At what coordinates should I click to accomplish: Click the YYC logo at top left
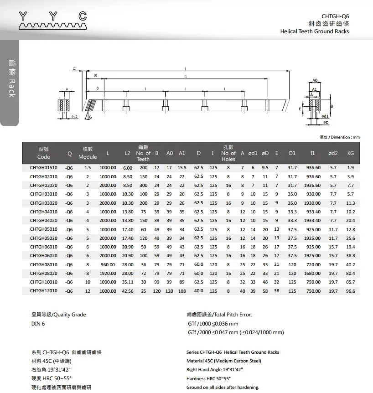(x=52, y=21)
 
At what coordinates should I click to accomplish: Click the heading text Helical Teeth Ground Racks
(x=315, y=31)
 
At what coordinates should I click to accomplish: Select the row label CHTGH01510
(x=44, y=168)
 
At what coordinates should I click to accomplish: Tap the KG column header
(x=351, y=153)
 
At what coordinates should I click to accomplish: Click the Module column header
(x=88, y=153)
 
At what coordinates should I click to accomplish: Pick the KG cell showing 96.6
(x=351, y=291)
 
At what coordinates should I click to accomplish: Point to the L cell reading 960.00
(x=108, y=265)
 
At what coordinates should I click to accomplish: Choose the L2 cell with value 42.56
(x=128, y=291)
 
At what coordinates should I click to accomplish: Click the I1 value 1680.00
(x=312, y=274)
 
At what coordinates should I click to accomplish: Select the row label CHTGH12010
(x=44, y=291)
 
